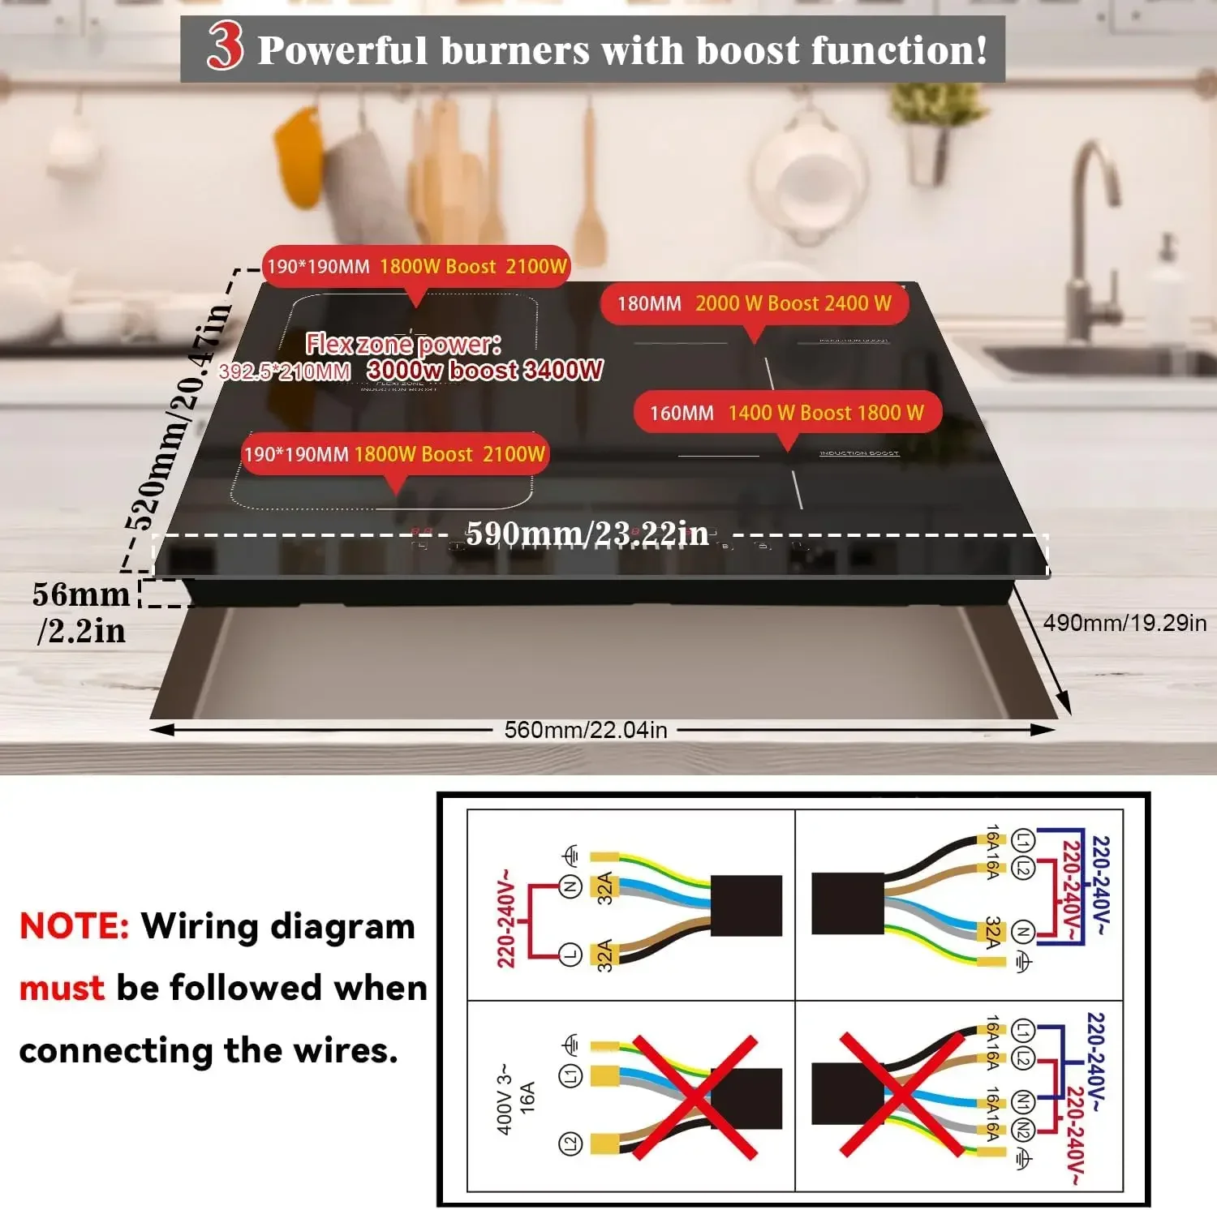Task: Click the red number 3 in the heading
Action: (225, 46)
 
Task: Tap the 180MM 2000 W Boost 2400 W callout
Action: (754, 304)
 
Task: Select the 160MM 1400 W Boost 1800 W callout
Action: (786, 413)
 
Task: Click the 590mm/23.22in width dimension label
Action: (587, 534)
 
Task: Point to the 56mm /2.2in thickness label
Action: (80, 611)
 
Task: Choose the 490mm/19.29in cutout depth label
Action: (1125, 623)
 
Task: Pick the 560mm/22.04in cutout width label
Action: (586, 730)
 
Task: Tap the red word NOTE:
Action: (74, 925)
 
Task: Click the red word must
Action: (62, 988)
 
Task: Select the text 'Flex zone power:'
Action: (402, 344)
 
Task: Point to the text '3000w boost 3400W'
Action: (484, 371)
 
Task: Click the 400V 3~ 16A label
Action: (515, 1099)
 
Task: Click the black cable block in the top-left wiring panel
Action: (746, 905)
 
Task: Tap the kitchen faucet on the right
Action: (1095, 235)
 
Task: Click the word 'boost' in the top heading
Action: (747, 50)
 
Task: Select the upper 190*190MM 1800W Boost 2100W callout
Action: (416, 266)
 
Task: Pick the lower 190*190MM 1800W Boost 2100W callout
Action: (394, 454)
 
